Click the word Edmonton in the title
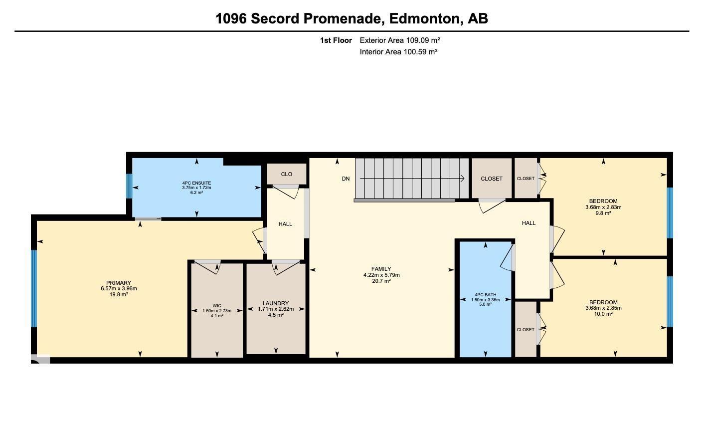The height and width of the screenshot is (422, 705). pyautogui.click(x=425, y=19)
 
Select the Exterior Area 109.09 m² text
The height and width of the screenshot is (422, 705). pyautogui.click(x=399, y=40)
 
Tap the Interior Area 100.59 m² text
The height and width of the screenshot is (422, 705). pyautogui.click(x=398, y=52)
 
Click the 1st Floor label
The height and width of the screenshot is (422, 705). pyautogui.click(x=336, y=40)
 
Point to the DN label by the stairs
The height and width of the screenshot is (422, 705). pyautogui.click(x=346, y=179)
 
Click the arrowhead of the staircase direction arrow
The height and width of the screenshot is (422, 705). pyautogui.click(x=463, y=179)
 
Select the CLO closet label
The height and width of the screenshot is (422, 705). pyautogui.click(x=286, y=174)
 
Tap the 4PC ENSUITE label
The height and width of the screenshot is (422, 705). pyautogui.click(x=196, y=183)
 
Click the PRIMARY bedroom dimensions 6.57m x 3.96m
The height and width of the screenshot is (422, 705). pyautogui.click(x=119, y=289)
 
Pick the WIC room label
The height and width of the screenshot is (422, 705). pyautogui.click(x=216, y=306)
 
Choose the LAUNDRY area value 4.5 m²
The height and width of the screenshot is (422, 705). pyautogui.click(x=275, y=315)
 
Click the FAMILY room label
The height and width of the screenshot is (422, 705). pyautogui.click(x=381, y=269)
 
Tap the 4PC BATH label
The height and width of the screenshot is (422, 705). pyautogui.click(x=485, y=294)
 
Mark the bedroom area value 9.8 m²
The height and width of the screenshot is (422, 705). pyautogui.click(x=603, y=213)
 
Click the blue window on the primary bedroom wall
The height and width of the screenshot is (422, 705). pyautogui.click(x=34, y=288)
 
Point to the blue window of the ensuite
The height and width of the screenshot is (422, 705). pyautogui.click(x=129, y=186)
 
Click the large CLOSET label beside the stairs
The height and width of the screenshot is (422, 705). pyautogui.click(x=492, y=179)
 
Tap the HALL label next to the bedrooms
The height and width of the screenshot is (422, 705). pyautogui.click(x=529, y=223)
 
